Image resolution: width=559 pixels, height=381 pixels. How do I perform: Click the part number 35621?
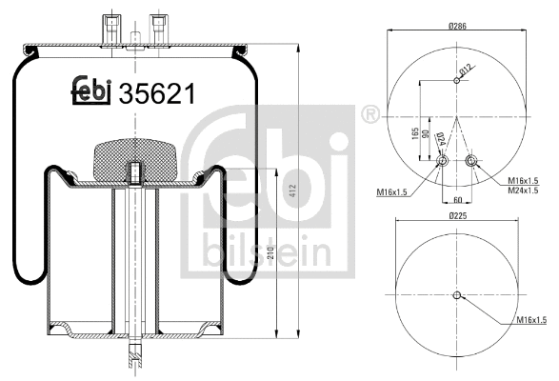point(157,93)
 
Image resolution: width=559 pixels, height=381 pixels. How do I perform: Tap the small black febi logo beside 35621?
point(91,91)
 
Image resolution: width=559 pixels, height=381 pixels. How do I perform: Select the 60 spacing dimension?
point(458,200)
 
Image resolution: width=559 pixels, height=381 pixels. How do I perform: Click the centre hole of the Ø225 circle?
point(458,294)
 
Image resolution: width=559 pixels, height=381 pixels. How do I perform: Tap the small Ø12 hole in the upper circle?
point(458,81)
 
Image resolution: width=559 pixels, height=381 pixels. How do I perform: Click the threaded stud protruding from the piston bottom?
point(134,356)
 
